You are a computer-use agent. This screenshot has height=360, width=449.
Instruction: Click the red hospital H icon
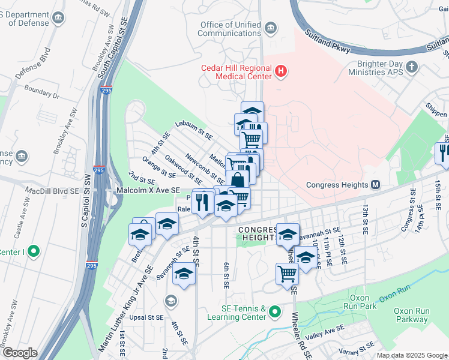click(280, 73)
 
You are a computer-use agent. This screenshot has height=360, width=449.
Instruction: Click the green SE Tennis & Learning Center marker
click(275, 311)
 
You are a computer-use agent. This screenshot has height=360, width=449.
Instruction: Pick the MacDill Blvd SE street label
click(52, 190)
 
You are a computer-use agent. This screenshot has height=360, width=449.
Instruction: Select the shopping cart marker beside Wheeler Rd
click(287, 274)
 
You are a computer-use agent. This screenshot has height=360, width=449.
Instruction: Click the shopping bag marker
click(237, 180)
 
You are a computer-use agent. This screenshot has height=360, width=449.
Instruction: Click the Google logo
click(20, 353)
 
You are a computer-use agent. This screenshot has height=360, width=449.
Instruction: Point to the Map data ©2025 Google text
click(411, 355)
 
